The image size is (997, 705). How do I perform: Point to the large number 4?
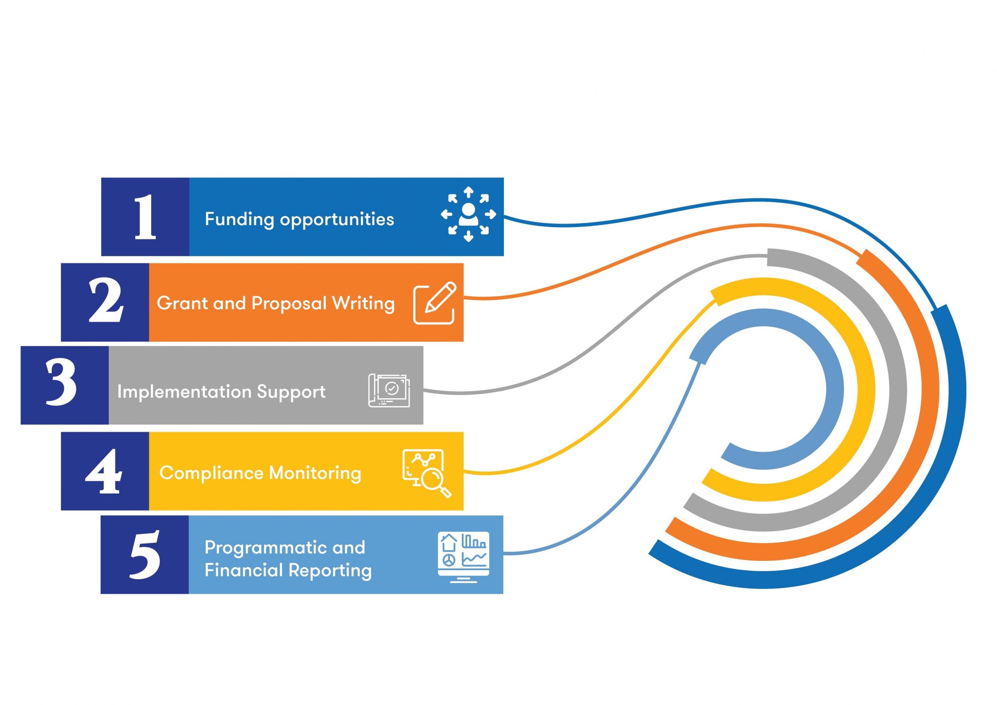pos(104,471)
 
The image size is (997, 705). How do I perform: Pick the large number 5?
pos(145,555)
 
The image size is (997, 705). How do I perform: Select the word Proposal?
pos(289,303)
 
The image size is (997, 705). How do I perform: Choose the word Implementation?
pos(184,392)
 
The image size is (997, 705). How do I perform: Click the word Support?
pos(291,392)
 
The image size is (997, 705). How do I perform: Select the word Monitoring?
pos(315,472)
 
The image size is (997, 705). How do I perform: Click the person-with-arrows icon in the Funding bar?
pos(468,214)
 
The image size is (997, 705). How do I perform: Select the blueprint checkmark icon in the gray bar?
pos(389,390)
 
